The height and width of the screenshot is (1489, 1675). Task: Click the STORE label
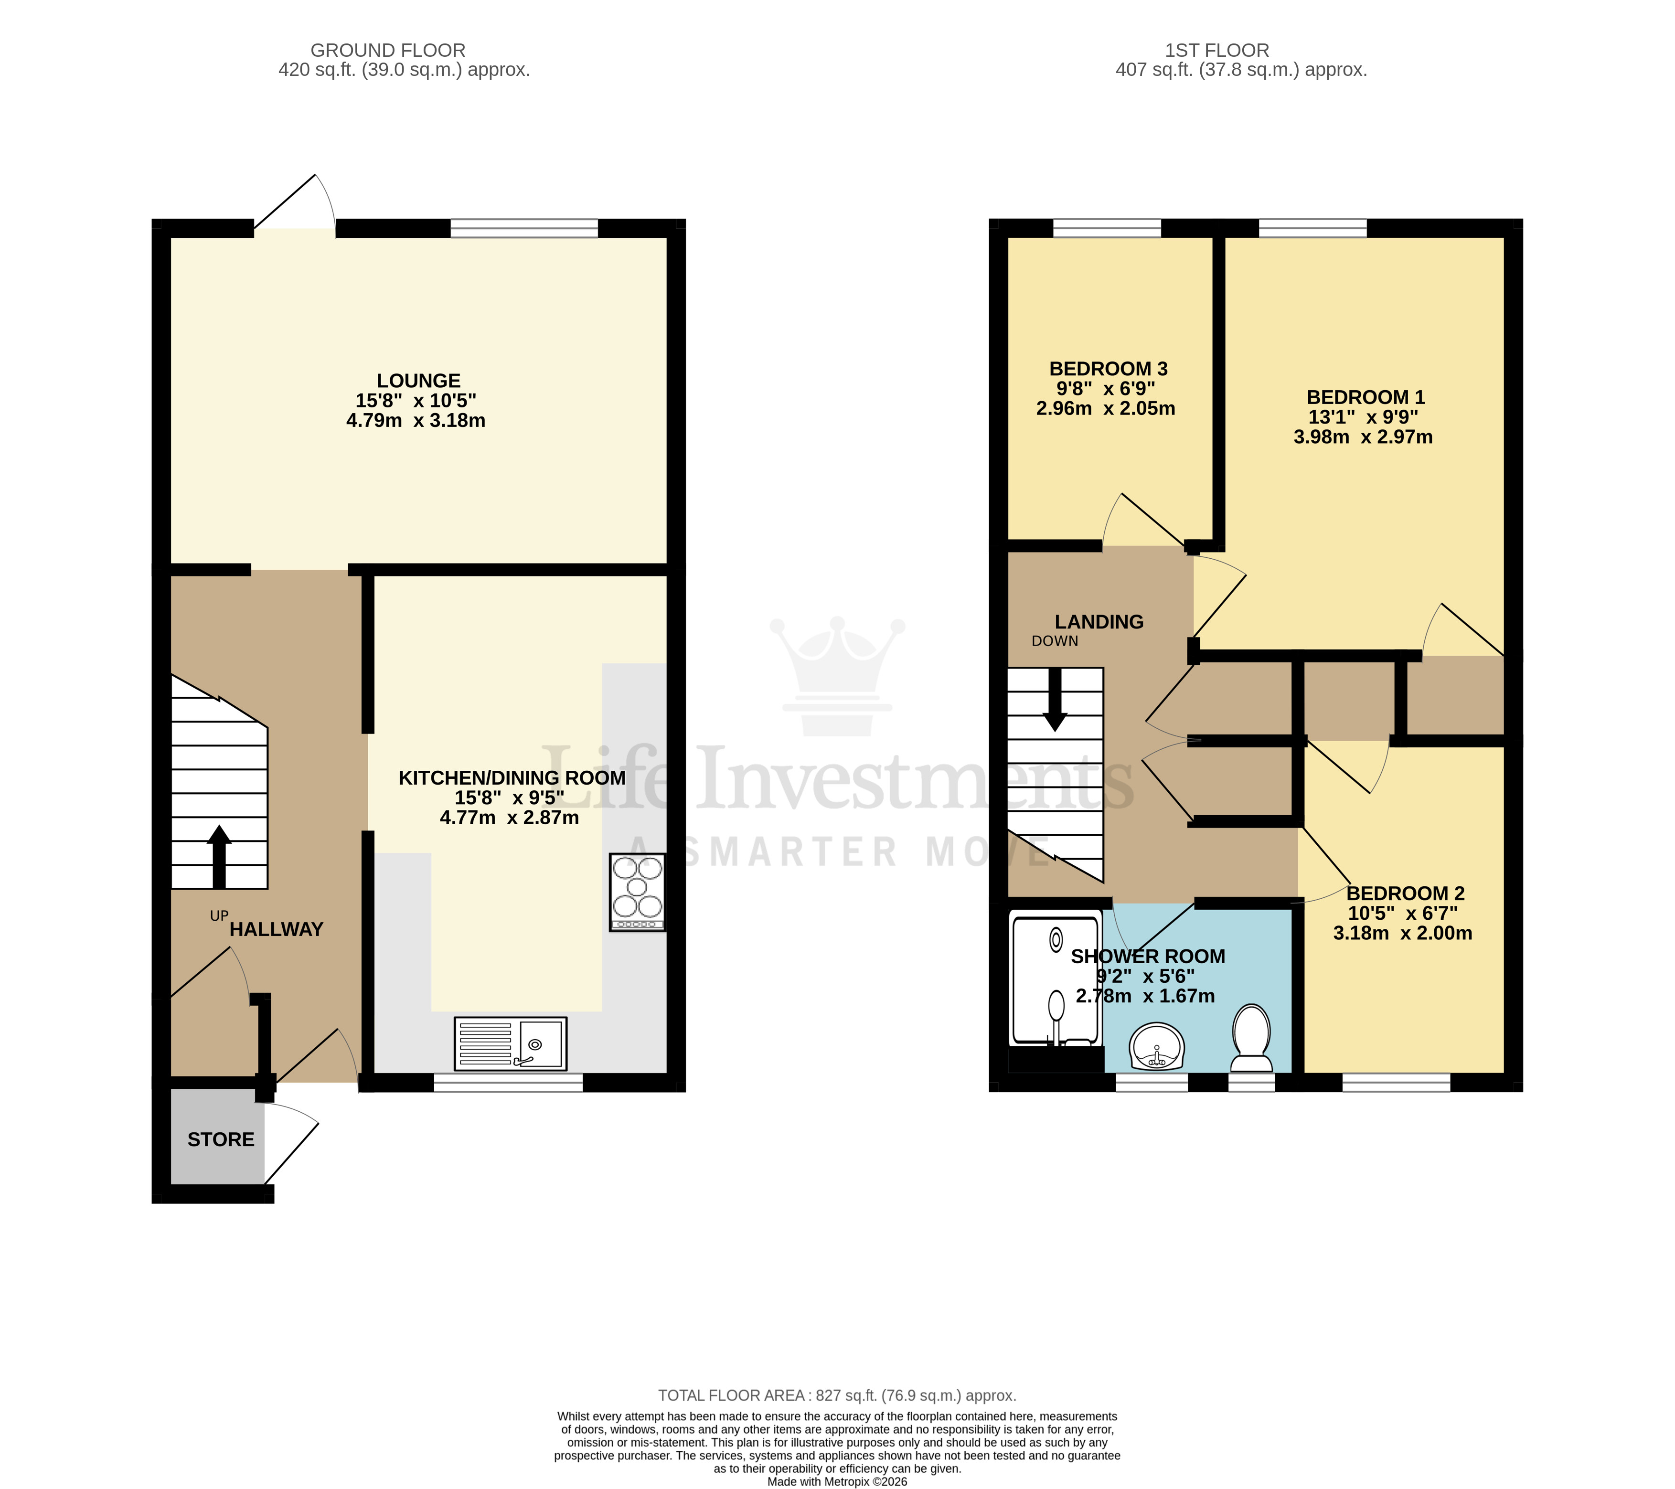[221, 1139]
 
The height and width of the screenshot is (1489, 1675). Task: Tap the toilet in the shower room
[1251, 1038]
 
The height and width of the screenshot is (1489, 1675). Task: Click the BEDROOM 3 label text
[1108, 369]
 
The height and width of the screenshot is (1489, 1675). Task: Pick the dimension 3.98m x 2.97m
[1363, 437]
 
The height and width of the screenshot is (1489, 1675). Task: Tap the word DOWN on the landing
[1055, 641]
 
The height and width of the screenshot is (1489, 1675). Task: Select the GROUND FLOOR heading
[388, 50]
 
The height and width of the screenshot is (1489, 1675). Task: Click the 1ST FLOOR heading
[1217, 50]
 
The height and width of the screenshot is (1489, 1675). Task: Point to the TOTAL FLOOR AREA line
[837, 1395]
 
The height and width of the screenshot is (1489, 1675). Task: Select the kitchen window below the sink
[508, 1083]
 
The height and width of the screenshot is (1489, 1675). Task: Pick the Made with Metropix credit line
[837, 1482]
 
